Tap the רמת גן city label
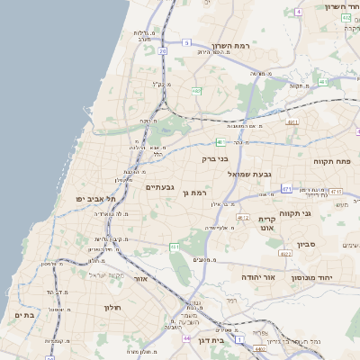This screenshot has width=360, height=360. [x=193, y=193]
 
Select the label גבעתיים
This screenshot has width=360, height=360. [x=159, y=186]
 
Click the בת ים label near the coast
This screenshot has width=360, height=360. [x=24, y=315]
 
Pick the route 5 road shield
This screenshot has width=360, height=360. [x=186, y=42]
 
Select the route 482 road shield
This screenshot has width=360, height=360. [x=197, y=90]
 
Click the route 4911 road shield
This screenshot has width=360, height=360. [x=291, y=121]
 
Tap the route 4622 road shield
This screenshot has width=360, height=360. [x=285, y=254]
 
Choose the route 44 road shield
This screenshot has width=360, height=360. [x=185, y=338]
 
